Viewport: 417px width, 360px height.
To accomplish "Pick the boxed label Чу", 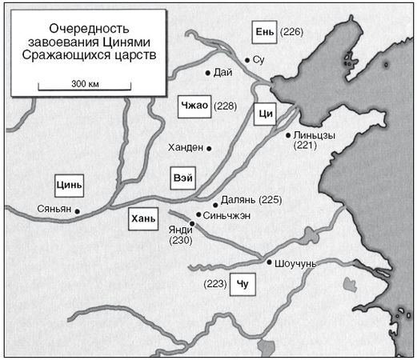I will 243,284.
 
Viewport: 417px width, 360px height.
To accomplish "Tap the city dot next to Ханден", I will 209,148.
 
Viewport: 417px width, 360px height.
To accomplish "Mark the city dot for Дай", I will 208,73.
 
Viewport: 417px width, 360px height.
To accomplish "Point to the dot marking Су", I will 247,60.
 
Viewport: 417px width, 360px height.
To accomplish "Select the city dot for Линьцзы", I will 288,135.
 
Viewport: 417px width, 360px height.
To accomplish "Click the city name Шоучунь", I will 296,262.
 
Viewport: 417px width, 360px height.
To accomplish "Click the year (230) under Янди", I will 181,240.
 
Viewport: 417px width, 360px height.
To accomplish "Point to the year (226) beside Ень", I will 293,32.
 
